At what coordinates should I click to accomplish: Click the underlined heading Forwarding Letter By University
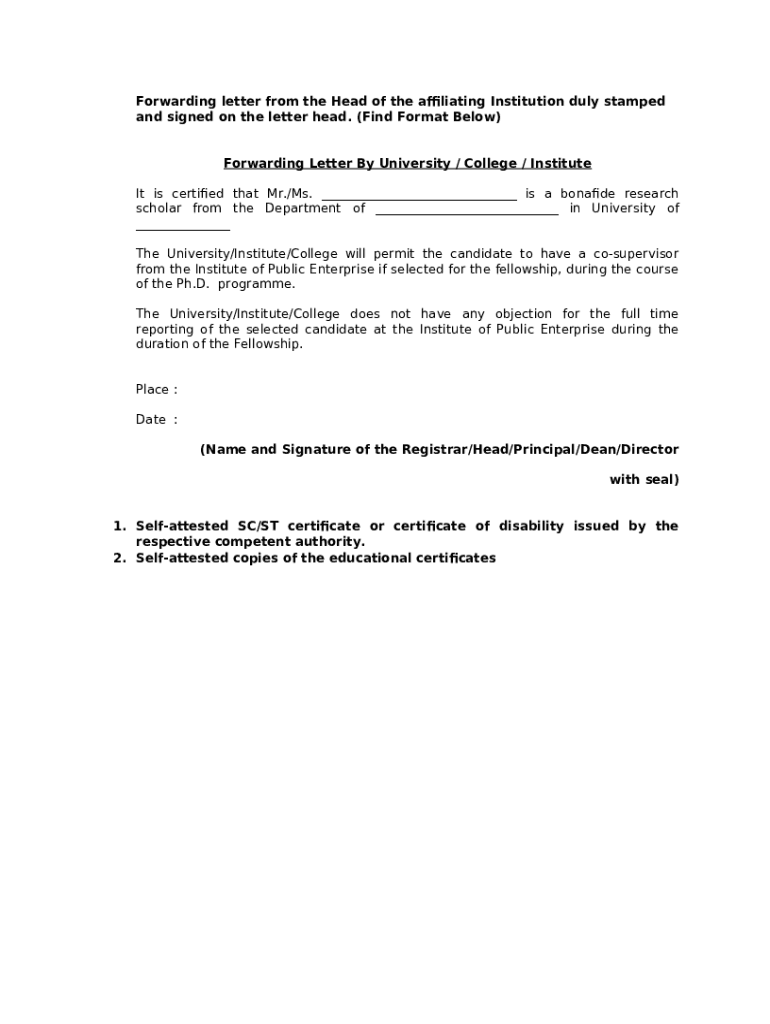(x=407, y=163)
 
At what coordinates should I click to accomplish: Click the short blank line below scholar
(x=183, y=227)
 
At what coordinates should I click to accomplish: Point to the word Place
(x=154, y=389)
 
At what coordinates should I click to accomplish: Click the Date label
(x=151, y=419)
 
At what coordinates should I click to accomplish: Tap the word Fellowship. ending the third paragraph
(x=269, y=344)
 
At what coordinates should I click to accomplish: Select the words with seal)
(x=644, y=479)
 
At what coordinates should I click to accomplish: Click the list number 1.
(x=117, y=526)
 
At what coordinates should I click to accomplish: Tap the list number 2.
(x=117, y=558)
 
